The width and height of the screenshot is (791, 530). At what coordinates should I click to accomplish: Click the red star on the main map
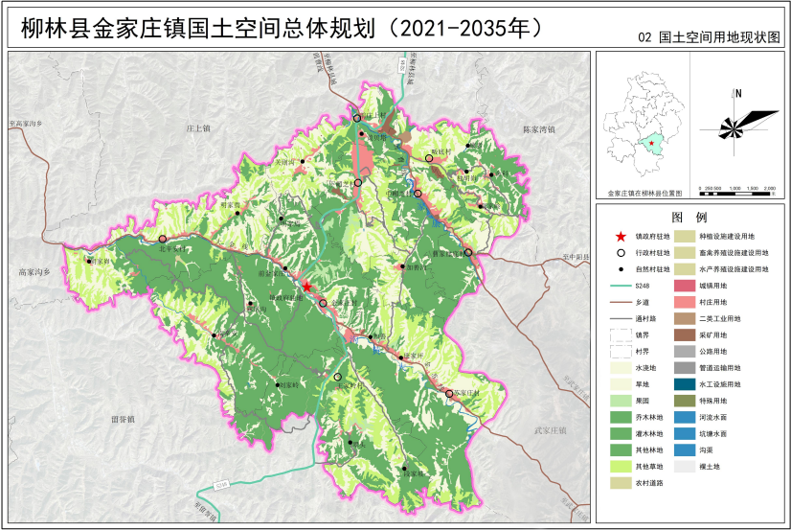(306, 286)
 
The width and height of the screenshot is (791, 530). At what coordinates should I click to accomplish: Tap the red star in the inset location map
(651, 144)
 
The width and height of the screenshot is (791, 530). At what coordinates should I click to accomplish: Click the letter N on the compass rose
(738, 93)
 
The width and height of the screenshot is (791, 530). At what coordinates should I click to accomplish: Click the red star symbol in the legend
(621, 235)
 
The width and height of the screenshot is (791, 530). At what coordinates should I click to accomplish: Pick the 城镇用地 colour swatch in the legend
(686, 286)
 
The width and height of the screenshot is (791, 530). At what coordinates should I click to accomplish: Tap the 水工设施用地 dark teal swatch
(686, 384)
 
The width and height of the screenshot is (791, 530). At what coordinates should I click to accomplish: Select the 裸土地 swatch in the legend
(686, 467)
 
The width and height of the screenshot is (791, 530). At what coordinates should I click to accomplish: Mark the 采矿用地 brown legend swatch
(686, 334)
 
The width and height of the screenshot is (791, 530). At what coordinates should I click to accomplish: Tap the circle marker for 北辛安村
(163, 239)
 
